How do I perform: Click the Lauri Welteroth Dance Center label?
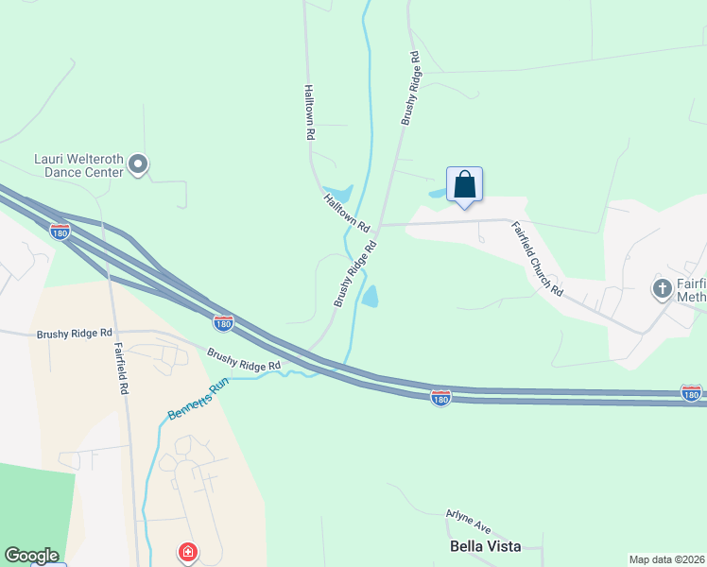tap(78, 165)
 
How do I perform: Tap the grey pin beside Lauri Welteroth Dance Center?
tap(138, 165)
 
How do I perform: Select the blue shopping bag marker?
tap(464, 183)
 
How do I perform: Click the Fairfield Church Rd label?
tap(537, 258)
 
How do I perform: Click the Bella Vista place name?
tap(486, 546)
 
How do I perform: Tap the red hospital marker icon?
tap(188, 551)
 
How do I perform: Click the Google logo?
tap(31, 556)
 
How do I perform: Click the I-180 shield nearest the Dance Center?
tap(60, 231)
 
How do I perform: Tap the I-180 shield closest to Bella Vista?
tap(440, 398)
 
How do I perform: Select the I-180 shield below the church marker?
tap(691, 392)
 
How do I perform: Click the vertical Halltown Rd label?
tap(309, 112)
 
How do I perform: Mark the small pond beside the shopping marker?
tap(439, 194)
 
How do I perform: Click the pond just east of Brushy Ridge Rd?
tap(371, 297)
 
